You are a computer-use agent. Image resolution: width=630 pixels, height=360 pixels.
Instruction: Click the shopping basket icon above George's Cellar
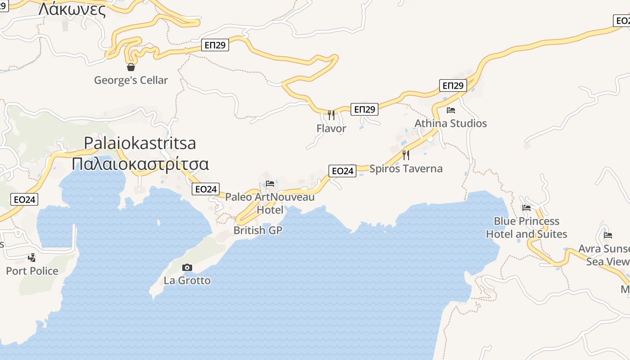131,67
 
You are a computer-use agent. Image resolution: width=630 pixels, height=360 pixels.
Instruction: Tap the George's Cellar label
131,80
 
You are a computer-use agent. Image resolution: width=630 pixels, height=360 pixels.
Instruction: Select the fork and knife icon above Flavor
331,115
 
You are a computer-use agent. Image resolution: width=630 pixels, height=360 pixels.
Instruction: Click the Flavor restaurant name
331,128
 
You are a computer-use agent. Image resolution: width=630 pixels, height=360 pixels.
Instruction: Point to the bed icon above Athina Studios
451,110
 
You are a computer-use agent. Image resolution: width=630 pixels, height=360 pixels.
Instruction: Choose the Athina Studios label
450,123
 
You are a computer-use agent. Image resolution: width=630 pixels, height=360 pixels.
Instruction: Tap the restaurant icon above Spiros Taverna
406,155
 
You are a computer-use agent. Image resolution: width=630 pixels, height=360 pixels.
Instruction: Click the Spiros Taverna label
406,169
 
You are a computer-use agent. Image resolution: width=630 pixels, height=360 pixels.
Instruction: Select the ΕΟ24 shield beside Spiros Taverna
342,171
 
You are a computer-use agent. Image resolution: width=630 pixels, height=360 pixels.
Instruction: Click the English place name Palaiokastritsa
140,143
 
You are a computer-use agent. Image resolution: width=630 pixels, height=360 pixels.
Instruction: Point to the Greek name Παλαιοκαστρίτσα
140,163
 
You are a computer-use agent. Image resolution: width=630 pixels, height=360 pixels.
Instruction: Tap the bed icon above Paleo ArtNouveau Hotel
270,184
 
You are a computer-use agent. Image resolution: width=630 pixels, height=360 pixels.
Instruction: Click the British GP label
258,230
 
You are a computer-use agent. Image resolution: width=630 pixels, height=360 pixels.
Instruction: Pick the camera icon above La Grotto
187,268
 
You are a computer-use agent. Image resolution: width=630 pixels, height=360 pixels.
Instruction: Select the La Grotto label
187,280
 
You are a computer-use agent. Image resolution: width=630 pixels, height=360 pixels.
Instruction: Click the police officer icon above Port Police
31,258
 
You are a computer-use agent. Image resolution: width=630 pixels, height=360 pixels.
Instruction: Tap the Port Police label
32,271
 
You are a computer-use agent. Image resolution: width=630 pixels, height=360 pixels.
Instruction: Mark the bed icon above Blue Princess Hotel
526,208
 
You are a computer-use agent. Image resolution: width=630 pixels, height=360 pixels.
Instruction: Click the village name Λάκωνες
72,9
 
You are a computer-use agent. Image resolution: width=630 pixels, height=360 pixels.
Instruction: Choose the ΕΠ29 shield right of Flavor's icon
364,109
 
